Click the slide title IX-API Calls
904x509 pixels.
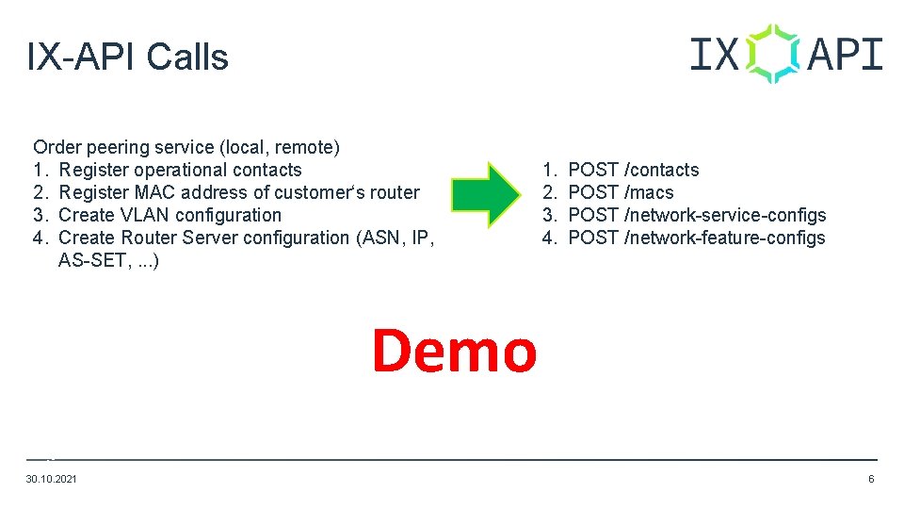(128, 57)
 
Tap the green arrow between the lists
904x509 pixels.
(485, 193)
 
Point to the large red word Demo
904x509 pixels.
(454, 350)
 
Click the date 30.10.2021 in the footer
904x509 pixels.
(52, 480)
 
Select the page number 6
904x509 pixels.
(871, 480)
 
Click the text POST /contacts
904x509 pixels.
(634, 170)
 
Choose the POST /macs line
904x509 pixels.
(621, 192)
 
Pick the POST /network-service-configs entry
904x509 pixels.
(697, 215)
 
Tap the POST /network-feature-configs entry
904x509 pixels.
(697, 238)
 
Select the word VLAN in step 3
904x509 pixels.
(143, 215)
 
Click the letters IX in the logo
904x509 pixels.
(714, 55)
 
